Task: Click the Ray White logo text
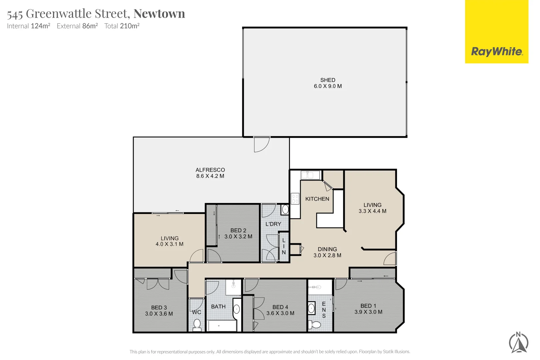(x=497, y=52)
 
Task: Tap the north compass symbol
(x=519, y=342)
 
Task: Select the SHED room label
(x=328, y=80)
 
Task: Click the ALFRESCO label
(x=210, y=170)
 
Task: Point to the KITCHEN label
(x=317, y=199)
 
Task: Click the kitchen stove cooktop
(x=295, y=199)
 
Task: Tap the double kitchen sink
(x=310, y=175)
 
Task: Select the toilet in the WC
(x=197, y=324)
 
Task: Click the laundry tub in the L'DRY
(x=285, y=209)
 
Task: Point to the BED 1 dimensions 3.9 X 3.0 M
(x=368, y=312)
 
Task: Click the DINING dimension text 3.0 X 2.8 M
(x=327, y=255)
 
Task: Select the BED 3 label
(x=159, y=307)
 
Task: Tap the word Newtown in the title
(x=159, y=14)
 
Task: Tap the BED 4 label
(x=280, y=307)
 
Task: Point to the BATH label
(x=218, y=307)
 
